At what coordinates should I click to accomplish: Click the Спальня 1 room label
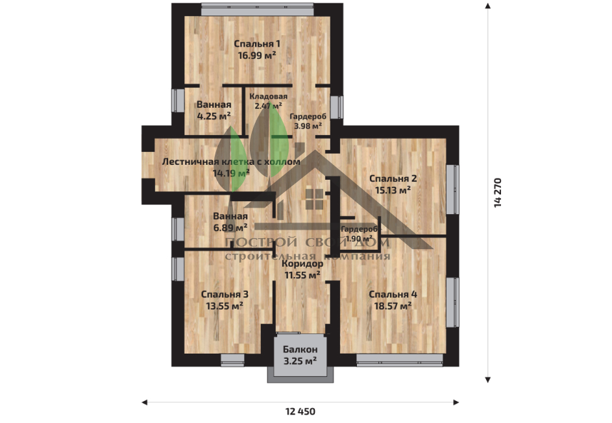257,43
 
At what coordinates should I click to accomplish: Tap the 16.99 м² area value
257,55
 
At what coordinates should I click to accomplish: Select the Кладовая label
269,97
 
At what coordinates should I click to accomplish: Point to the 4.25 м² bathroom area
214,116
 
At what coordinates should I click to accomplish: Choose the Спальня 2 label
393,178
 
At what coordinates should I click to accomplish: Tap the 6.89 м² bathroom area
230,227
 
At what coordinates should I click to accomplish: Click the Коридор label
302,264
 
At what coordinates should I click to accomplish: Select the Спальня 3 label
225,295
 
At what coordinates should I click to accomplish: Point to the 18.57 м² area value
393,306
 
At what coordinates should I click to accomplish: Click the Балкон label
300,349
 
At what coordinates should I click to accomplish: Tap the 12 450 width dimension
300,411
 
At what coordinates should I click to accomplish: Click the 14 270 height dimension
497,193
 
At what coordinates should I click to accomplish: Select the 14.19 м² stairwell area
232,173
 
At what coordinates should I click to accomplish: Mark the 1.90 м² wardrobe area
359,239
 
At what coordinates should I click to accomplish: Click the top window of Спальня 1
257,9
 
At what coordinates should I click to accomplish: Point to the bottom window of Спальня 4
400,360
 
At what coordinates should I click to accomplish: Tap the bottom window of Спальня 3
232,360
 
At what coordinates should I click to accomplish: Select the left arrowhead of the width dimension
145,402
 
